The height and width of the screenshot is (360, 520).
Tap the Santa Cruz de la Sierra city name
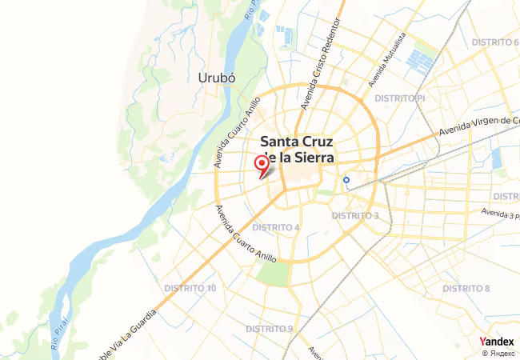293,150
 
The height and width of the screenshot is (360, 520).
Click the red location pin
262,164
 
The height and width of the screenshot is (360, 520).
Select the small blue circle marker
346,180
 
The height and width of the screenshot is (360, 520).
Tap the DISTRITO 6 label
494,42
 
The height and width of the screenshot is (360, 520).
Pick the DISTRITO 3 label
354,216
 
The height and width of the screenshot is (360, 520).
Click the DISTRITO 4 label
276,227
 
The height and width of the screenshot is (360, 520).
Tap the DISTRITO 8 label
466,288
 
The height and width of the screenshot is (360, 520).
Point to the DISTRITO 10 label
190,288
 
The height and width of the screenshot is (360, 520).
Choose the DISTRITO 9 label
270,329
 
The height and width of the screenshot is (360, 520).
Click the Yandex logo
496,341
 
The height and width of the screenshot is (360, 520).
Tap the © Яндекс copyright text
498,353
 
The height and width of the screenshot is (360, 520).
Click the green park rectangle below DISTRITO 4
272,274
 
